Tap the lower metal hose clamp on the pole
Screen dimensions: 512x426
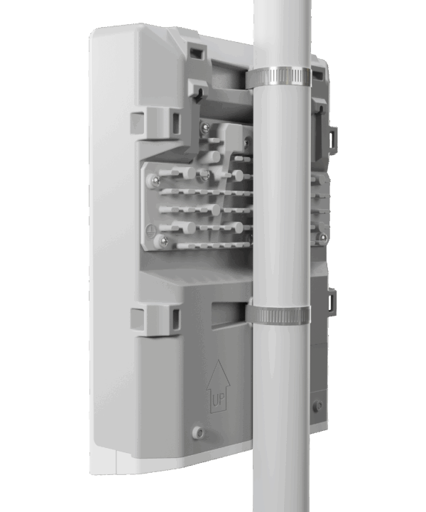tap(278, 314)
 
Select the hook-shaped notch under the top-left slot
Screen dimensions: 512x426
tap(197, 90)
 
